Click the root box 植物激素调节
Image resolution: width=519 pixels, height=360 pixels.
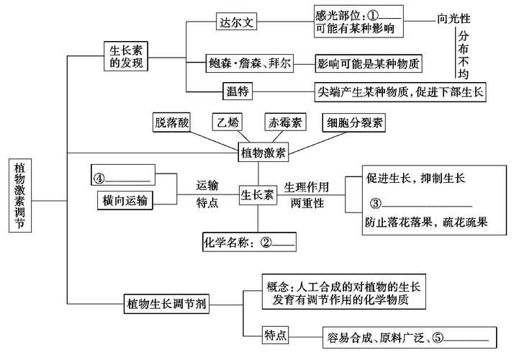21,194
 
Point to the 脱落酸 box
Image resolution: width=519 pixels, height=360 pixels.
171,122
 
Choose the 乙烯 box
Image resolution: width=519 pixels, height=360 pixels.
227,122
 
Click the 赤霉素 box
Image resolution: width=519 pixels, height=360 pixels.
282,122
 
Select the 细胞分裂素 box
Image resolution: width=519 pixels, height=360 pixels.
353,122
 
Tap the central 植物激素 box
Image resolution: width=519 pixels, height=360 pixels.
262,153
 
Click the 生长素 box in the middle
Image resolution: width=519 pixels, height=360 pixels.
257,194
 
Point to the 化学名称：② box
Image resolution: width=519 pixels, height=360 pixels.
249,243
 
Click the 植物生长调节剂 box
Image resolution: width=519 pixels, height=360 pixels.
167,304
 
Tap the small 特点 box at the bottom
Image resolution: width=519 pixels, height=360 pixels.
276,336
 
